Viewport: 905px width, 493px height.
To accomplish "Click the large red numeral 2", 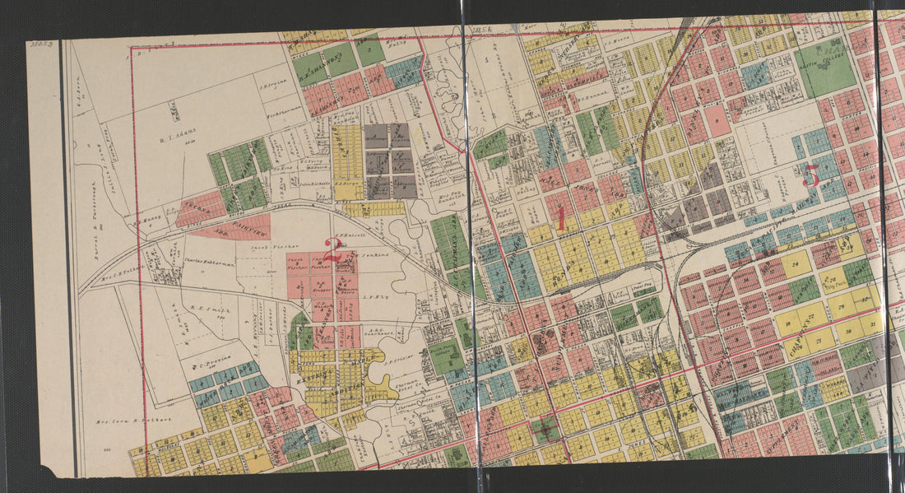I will click(x=332, y=246).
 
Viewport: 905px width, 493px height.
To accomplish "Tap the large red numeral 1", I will click(x=560, y=220).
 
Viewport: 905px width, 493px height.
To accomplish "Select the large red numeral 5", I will click(x=810, y=175).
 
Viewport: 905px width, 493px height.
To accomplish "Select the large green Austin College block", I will click(x=826, y=68).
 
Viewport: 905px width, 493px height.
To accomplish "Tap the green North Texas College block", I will click(x=445, y=356).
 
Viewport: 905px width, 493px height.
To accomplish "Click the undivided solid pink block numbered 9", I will click(x=717, y=120).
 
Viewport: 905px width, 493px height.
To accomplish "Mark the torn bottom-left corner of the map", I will click(x=56, y=472).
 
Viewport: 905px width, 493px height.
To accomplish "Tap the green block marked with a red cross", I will click(x=544, y=429).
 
